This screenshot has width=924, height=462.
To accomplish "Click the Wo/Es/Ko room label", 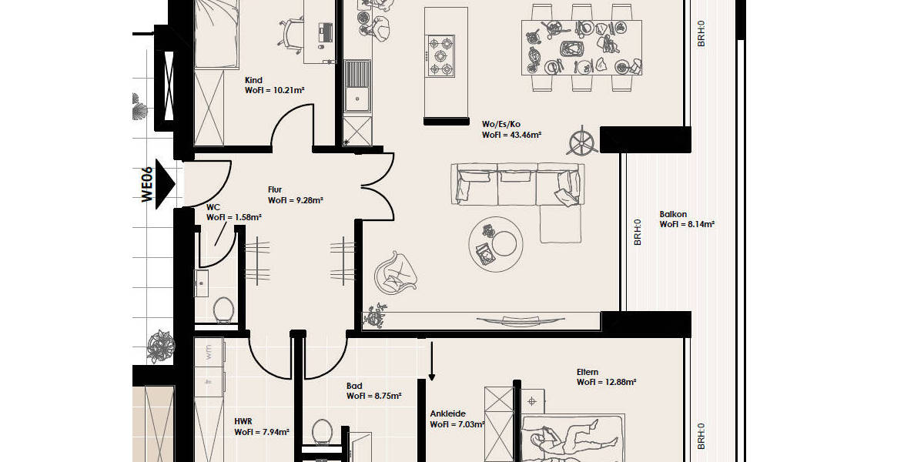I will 500,123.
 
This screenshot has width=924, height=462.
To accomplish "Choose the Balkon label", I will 673,215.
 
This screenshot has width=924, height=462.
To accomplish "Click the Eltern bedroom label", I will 588,372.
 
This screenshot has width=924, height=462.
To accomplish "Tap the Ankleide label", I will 448,413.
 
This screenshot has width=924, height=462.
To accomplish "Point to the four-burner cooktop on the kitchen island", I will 441,56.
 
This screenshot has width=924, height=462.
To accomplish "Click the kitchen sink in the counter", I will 357,85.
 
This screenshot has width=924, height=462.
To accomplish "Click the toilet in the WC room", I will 223,310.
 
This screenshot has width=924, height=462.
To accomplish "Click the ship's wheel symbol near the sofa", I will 582,142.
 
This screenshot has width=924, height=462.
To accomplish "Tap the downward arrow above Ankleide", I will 432,362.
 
